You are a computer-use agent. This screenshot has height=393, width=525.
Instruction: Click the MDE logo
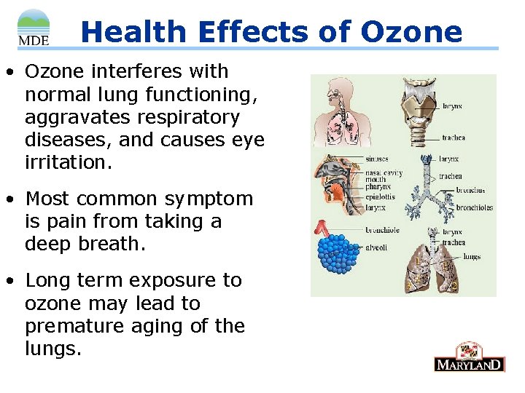[x=33, y=28]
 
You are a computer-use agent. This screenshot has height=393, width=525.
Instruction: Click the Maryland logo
[x=469, y=357]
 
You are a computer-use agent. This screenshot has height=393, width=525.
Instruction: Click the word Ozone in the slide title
[x=411, y=32]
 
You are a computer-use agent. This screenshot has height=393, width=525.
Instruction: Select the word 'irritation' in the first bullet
[x=68, y=162]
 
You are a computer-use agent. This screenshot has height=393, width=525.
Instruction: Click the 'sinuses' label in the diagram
[x=376, y=158]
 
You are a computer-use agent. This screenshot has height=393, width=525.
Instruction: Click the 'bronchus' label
[x=471, y=191]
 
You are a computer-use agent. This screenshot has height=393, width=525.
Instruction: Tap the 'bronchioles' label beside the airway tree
[x=475, y=207]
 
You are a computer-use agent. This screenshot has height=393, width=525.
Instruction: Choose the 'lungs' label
[x=472, y=256]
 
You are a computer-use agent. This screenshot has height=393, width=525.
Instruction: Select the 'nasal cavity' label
[x=384, y=172]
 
